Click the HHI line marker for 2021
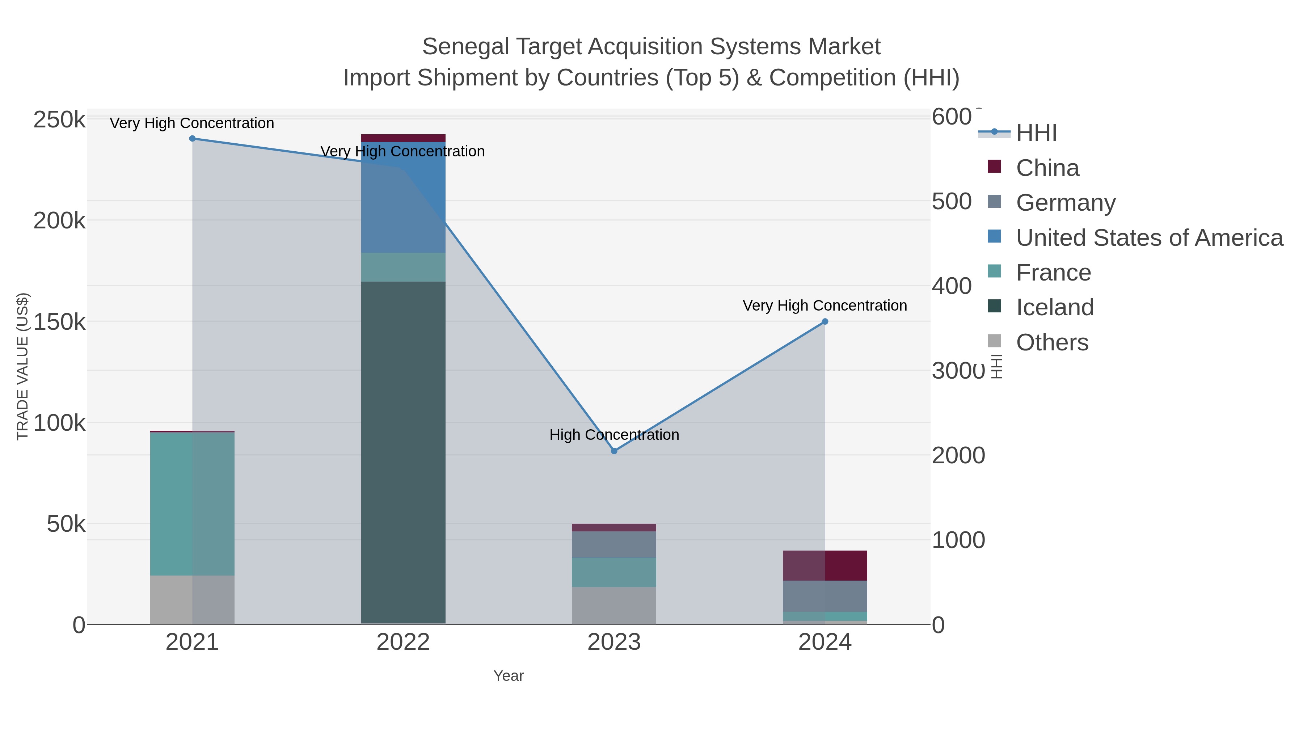pyautogui.click(x=192, y=139)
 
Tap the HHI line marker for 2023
pyautogui.click(x=614, y=451)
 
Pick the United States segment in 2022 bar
pyautogui.click(x=403, y=197)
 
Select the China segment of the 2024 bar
pyautogui.click(x=825, y=565)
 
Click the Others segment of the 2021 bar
pyautogui.click(x=192, y=599)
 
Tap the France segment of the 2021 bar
pyautogui.click(x=192, y=504)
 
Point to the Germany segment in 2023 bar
pyautogui.click(x=614, y=544)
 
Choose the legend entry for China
pyautogui.click(x=1047, y=168)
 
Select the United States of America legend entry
pyautogui.click(x=1149, y=238)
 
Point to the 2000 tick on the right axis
pyautogui.click(x=958, y=455)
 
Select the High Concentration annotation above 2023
pyautogui.click(x=614, y=434)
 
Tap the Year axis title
pyautogui.click(x=509, y=676)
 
